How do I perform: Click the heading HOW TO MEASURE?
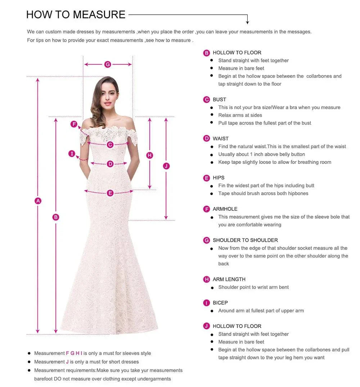coord(76,15)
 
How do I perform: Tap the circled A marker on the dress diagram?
coord(38,201)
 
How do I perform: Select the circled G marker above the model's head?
coord(108,64)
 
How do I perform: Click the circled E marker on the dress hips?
coord(110,193)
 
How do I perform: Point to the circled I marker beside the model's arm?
coord(72,154)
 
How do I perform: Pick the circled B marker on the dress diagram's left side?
coord(56,217)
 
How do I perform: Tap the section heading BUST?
coord(219,100)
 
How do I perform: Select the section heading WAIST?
coord(221,138)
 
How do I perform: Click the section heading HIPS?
coord(219,178)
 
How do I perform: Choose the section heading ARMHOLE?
coord(225,209)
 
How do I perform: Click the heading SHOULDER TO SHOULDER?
coord(245,240)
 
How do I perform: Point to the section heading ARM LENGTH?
coord(229,279)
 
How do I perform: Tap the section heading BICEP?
coord(220,303)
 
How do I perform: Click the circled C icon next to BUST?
coord(207,100)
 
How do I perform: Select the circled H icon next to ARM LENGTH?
coord(207,279)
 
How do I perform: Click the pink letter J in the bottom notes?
coord(67,362)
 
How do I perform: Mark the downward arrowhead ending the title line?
coord(248,22)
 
